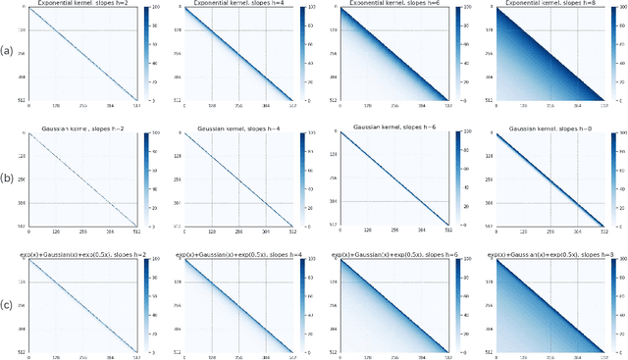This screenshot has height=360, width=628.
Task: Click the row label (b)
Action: point(7,179)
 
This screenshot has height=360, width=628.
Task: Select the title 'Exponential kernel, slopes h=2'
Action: point(79,4)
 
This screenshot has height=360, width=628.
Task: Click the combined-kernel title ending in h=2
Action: point(79,254)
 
